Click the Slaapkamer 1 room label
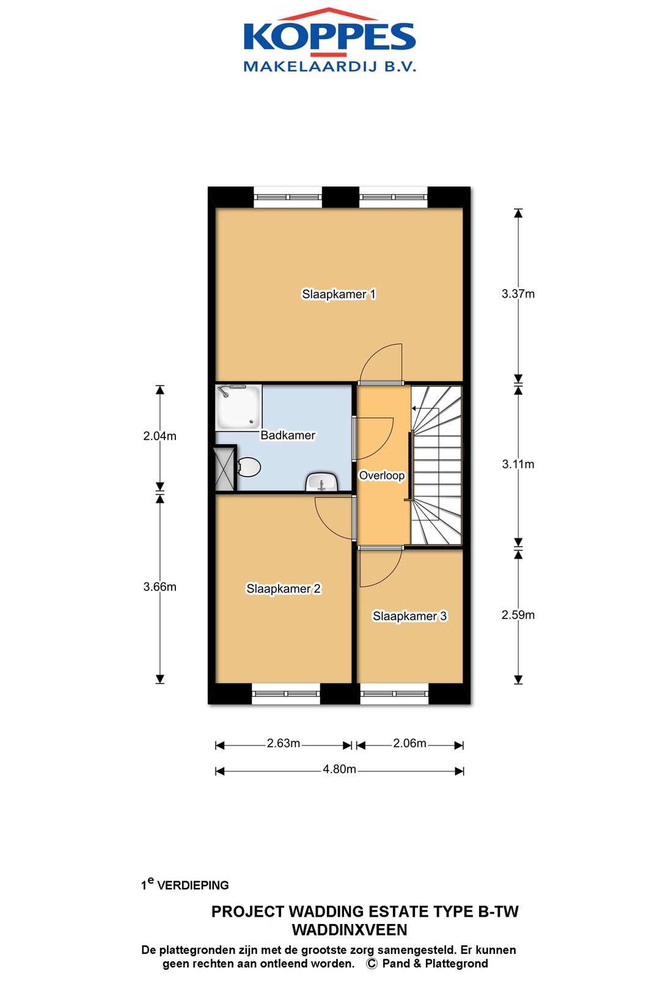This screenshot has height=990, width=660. point(339,294)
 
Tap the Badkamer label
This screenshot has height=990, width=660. point(288,435)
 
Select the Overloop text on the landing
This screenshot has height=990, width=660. point(382,475)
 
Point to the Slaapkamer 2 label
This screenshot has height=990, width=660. point(284,588)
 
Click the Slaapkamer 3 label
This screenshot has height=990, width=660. point(409,616)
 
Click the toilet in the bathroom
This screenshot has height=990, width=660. point(249,467)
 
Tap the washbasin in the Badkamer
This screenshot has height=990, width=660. point(322,482)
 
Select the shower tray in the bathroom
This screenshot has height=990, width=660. point(238,407)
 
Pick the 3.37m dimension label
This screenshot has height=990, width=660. point(518,294)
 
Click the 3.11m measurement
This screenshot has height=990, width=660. point(518,464)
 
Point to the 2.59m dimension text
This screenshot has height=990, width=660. point(518,615)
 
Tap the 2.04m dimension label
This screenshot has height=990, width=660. point(159,436)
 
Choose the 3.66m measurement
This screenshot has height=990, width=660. point(159,587)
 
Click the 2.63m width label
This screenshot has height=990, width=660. point(284,743)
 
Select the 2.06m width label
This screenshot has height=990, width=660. point(410,743)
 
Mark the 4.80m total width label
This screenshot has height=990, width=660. point(339,769)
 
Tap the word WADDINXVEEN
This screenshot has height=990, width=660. point(349,930)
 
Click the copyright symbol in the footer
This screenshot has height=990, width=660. point(372,964)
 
